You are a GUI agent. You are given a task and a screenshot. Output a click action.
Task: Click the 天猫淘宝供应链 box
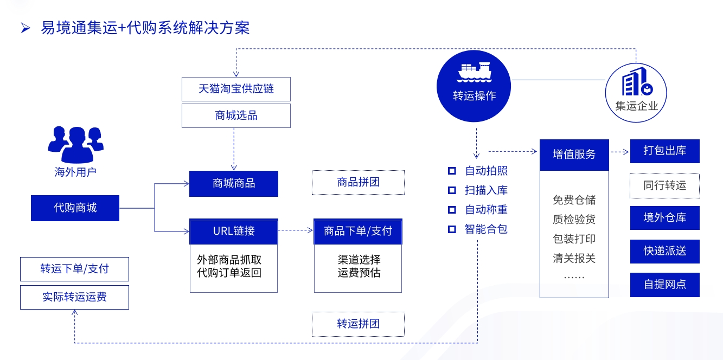236,89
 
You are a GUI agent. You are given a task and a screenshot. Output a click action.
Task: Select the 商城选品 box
236,115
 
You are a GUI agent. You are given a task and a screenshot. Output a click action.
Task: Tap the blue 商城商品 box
233,184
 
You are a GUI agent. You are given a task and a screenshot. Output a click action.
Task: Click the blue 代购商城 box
75,208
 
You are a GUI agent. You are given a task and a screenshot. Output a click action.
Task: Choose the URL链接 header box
233,231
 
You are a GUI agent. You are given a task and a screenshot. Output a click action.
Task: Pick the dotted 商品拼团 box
358,183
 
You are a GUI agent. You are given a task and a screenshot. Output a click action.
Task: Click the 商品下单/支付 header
357,231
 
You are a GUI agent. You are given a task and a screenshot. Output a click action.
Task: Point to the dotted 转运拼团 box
358,324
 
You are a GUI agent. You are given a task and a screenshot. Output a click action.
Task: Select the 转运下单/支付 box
74,269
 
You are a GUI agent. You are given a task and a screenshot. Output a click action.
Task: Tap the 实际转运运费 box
74,297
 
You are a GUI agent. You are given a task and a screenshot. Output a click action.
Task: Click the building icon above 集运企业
636,83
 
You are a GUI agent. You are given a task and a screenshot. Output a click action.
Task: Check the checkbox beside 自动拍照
451,171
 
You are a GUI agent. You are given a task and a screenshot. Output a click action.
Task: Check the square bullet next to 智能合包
451,229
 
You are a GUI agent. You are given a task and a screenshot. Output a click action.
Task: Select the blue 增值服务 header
574,155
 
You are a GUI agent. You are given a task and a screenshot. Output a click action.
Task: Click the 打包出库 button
664,151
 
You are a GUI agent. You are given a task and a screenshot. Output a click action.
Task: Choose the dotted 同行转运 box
664,185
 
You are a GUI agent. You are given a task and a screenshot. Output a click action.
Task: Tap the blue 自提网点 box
664,285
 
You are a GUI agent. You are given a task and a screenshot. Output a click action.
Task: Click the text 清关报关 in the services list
574,258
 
